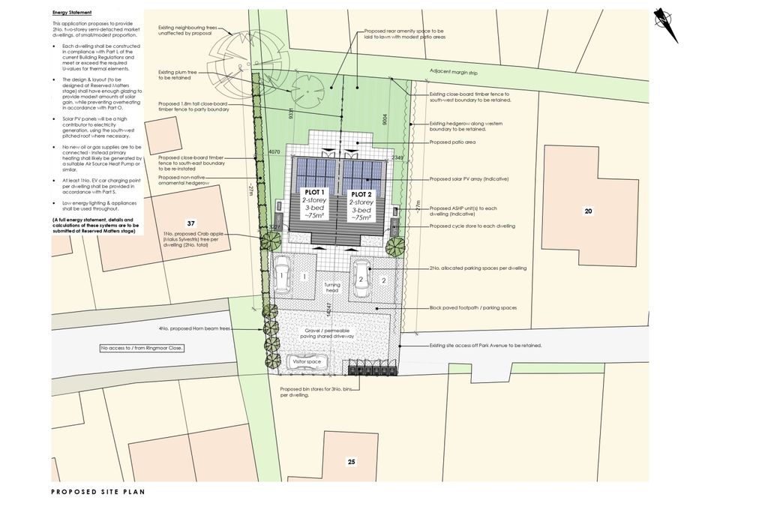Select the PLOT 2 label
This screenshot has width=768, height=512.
pyautogui.click(x=363, y=192)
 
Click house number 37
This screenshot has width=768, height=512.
pyautogui.click(x=190, y=223)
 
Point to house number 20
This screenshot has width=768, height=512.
pyautogui.click(x=588, y=211)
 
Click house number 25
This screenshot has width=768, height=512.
pyautogui.click(x=351, y=462)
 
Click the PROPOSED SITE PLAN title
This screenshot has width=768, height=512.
pyautogui.click(x=97, y=493)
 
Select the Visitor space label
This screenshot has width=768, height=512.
pyautogui.click(x=307, y=362)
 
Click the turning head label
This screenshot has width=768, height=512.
pyautogui.click(x=332, y=288)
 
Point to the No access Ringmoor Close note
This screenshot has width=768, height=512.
pyautogui.click(x=142, y=349)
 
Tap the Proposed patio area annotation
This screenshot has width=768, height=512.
pyautogui.click(x=453, y=142)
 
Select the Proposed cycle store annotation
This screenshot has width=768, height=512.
pyautogui.click(x=472, y=225)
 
